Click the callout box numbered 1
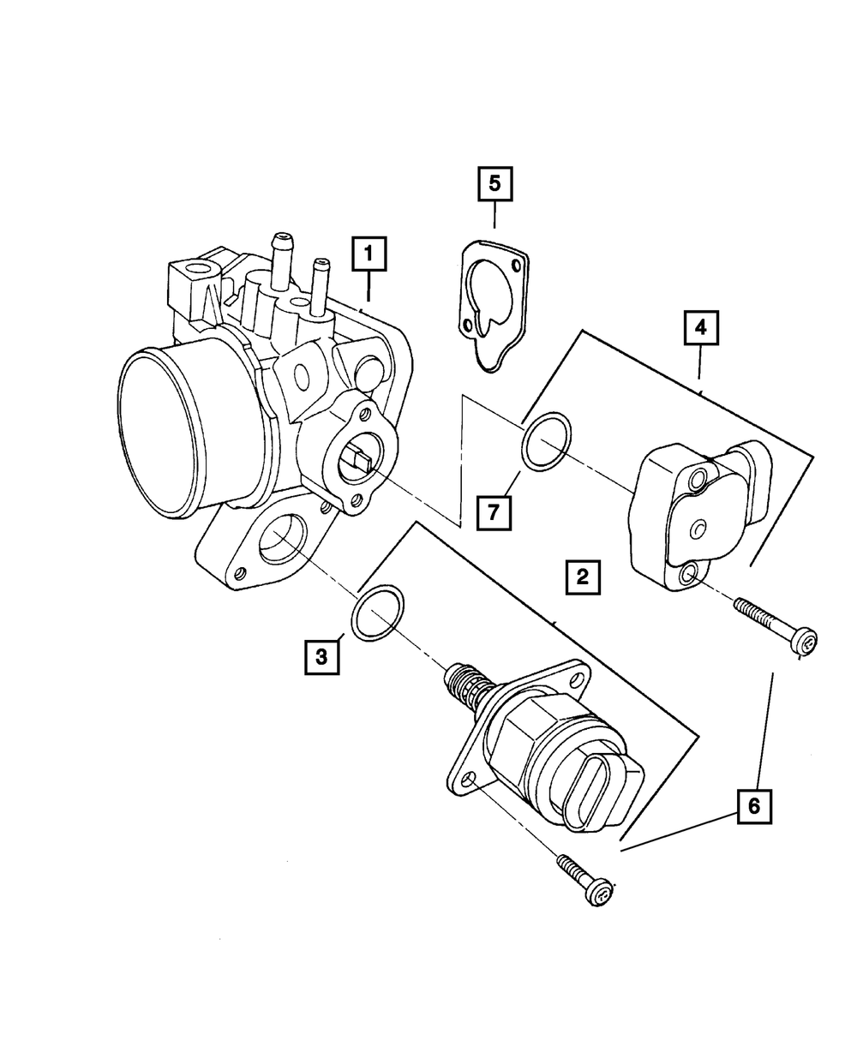click(x=369, y=254)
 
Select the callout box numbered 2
click(x=582, y=577)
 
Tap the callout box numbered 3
click(x=321, y=657)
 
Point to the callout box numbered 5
click(x=494, y=183)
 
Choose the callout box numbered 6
click(x=754, y=805)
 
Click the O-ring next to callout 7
click(x=547, y=442)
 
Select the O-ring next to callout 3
click(x=378, y=613)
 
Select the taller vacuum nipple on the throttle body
click(x=280, y=254)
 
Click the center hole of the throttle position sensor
click(x=698, y=526)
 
